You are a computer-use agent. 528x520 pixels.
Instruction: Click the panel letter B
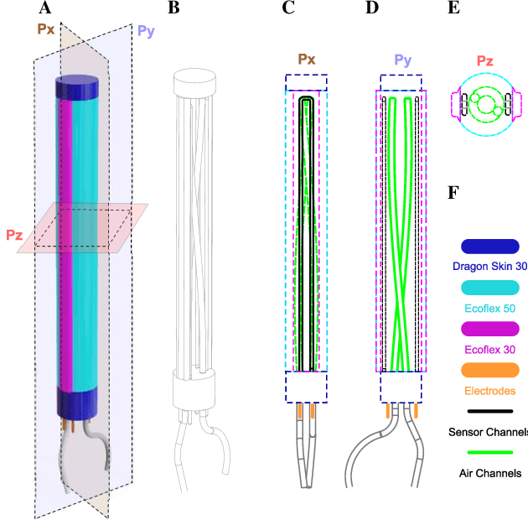173,8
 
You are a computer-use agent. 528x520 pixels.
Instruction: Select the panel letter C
289,8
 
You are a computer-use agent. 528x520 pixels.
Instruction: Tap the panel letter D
373,8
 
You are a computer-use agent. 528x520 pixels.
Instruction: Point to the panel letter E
453,8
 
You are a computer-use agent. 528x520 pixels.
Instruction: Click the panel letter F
453,193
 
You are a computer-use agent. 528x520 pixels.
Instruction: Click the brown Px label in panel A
47,29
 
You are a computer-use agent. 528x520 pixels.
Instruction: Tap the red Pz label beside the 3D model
13,235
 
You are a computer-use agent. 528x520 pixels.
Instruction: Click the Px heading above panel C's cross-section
306,60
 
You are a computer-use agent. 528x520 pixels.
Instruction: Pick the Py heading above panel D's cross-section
403,60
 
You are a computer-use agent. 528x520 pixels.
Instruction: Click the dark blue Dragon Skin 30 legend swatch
489,247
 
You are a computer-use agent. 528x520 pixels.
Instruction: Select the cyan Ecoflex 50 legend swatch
489,288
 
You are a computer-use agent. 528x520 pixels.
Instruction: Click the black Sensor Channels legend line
489,411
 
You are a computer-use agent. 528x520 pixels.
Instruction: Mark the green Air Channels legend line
489,452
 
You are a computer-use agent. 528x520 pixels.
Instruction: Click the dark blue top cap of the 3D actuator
77,86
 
